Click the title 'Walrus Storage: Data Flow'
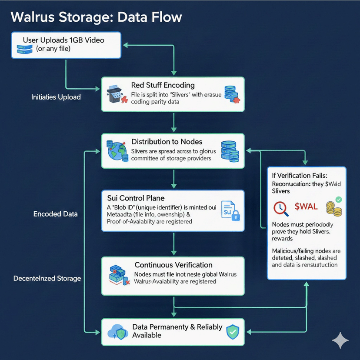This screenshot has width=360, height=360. (x=96, y=17)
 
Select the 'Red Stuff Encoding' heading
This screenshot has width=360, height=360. (x=163, y=85)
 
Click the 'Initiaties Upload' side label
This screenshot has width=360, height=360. (x=56, y=97)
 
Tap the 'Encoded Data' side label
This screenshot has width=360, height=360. (x=56, y=214)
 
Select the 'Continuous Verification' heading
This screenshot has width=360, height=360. (x=173, y=265)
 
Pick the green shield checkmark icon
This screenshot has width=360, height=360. (x=233, y=332)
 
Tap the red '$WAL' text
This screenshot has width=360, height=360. (x=306, y=207)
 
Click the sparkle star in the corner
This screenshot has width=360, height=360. (x=340, y=340)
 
